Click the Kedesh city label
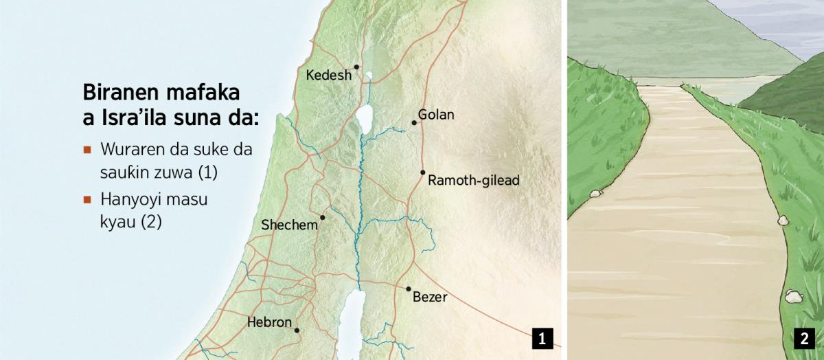[x=328, y=75]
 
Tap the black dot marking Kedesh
[x=356, y=67]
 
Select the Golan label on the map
[x=436, y=115]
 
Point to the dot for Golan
[x=414, y=123]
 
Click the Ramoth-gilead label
[x=473, y=181]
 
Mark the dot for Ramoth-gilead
[x=423, y=172]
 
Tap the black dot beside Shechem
[x=322, y=217]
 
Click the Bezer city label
[x=430, y=297]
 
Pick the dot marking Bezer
[x=408, y=289]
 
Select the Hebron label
[x=269, y=322]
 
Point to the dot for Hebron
[x=297, y=330]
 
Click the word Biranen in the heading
[x=116, y=93]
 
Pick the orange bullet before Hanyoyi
[x=87, y=200]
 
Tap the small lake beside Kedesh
[x=369, y=76]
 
